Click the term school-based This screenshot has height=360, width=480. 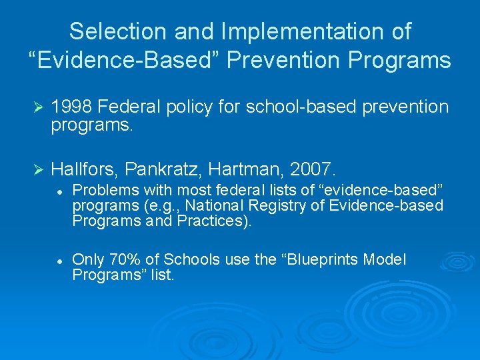pos(303,107)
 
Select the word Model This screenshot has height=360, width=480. pos(385,260)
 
